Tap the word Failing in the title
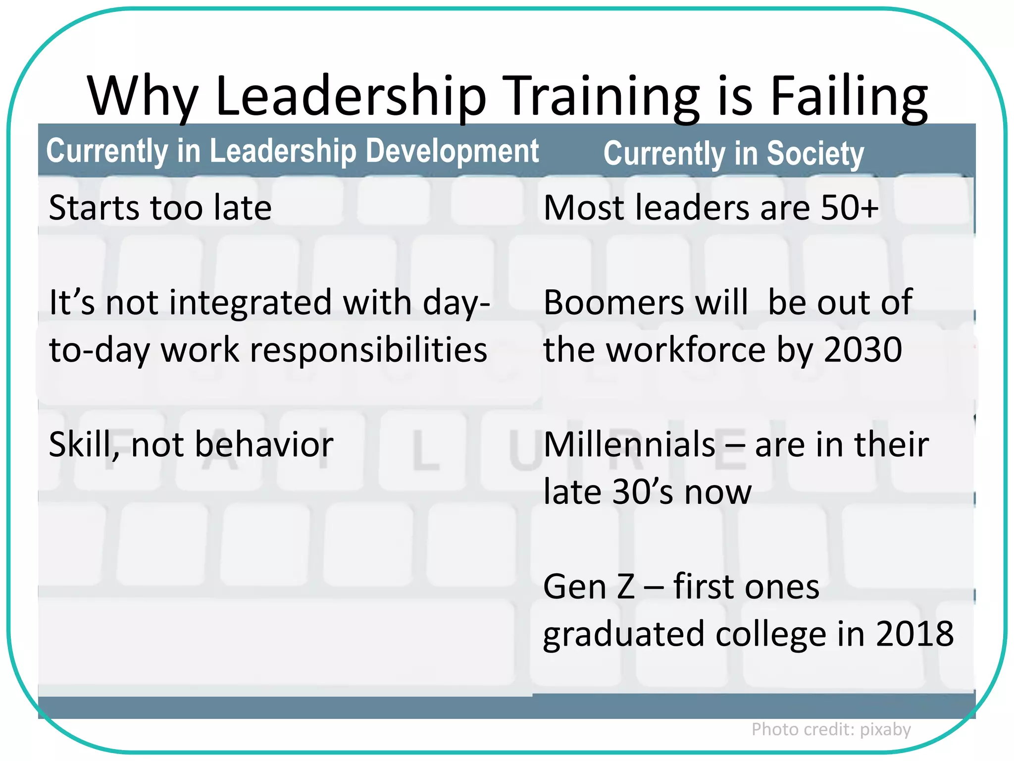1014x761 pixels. (849, 97)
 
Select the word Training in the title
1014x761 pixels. (604, 97)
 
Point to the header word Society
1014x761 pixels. (815, 154)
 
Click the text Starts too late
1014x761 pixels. (160, 208)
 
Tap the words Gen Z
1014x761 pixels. (589, 587)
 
